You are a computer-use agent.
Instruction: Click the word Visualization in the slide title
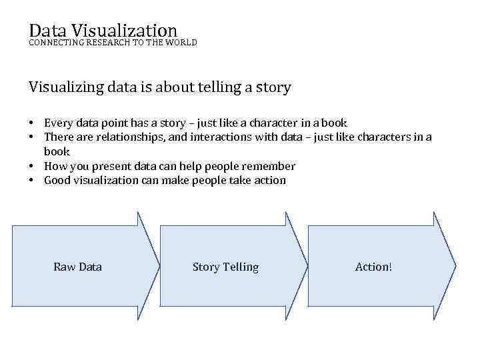124,30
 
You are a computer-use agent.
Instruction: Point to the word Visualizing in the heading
65,87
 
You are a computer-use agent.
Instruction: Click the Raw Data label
77,267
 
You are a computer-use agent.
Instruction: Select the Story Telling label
225,267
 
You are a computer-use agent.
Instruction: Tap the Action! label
374,267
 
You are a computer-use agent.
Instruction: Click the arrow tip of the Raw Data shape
159,266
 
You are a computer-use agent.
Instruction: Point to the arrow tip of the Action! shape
455,266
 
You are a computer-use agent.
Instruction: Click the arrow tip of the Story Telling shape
307,266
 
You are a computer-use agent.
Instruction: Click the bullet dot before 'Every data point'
32,123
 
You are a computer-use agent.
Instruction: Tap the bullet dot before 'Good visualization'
32,181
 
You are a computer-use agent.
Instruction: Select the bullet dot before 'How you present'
32,167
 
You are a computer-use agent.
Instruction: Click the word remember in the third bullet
271,166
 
